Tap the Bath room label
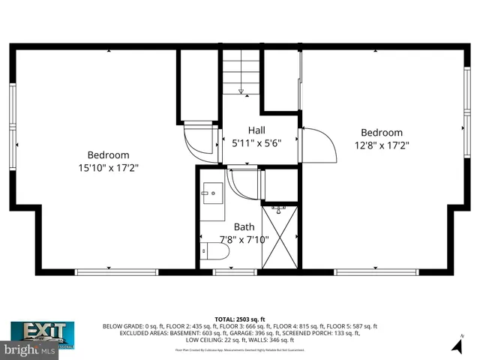(244, 226)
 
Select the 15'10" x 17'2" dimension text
(109, 169)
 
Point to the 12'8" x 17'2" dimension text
(381, 145)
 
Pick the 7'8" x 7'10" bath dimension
(244, 240)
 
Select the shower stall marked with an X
(280, 238)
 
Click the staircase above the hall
(241, 73)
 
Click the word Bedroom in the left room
(109, 155)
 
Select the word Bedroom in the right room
(381, 132)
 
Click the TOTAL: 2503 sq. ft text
(240, 319)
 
